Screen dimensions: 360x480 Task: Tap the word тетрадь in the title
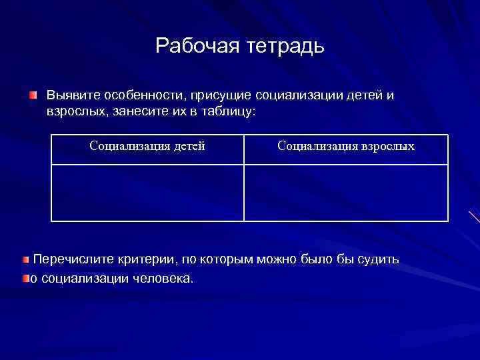click(x=285, y=46)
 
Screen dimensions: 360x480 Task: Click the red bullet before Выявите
click(x=33, y=96)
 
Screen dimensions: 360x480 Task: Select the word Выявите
click(x=68, y=95)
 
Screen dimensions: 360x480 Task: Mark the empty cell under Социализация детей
click(x=147, y=193)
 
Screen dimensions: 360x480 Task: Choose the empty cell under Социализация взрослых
click(x=346, y=193)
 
